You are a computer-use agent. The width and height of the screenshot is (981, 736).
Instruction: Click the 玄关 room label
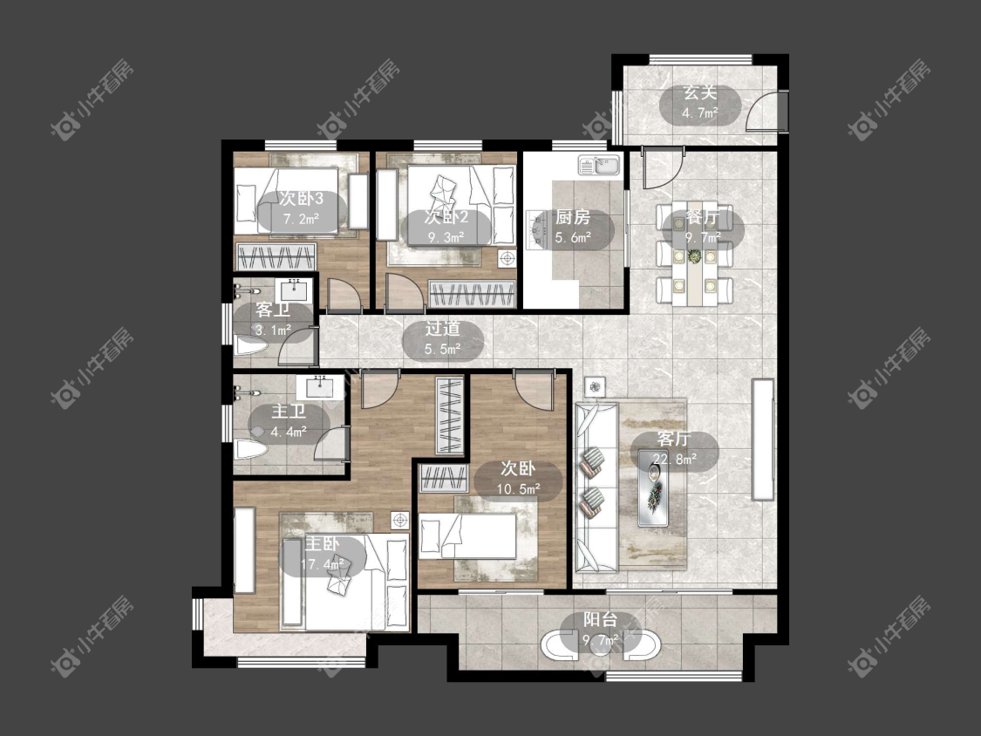coord(699,93)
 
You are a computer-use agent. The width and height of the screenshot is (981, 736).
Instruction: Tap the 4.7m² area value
coord(699,113)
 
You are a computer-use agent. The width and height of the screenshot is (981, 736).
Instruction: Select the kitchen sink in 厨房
coord(599,165)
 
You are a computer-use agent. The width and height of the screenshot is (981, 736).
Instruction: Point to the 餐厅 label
coord(702,218)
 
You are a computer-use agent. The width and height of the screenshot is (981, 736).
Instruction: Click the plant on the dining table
coord(694,256)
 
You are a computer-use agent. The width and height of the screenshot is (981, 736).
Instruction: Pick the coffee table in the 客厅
coord(655,487)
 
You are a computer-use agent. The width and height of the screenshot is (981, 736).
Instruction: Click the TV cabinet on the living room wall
coord(763,439)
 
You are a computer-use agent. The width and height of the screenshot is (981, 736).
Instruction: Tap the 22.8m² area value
coord(674,460)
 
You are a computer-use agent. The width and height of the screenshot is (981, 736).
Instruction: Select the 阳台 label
coord(601,620)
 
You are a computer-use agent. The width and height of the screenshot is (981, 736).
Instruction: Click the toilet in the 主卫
coord(250,449)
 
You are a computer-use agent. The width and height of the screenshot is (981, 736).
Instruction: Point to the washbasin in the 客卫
coord(293,290)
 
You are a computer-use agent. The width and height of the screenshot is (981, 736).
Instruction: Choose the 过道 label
coord(442,328)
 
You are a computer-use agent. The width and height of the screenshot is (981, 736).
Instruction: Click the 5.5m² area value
coord(442,349)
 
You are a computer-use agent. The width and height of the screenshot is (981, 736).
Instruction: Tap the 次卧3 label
coord(301,199)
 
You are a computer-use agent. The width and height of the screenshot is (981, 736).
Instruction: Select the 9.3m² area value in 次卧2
coord(446,237)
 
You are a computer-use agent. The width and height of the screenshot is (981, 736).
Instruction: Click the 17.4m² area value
coord(323,564)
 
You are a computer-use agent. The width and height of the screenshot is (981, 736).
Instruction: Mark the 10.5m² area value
coord(519,489)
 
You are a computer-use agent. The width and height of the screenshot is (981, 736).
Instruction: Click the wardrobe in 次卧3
coord(275,256)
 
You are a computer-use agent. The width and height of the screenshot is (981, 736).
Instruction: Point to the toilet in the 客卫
coord(251,344)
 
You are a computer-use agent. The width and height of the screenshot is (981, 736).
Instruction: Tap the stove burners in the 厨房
coord(536,229)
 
